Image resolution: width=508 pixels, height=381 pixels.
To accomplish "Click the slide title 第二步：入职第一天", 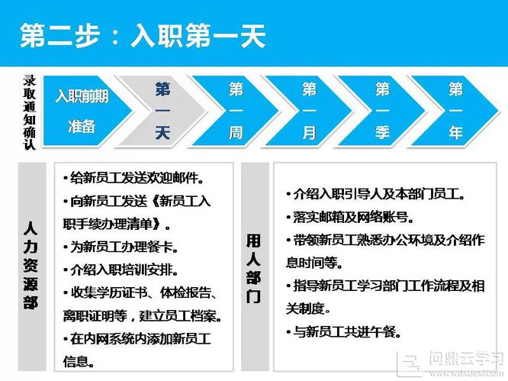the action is (x=143, y=36).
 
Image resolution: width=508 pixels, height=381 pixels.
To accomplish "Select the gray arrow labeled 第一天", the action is (x=161, y=111).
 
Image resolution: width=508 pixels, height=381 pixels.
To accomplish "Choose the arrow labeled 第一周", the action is (x=235, y=111).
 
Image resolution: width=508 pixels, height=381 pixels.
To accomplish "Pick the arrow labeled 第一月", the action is (x=308, y=111).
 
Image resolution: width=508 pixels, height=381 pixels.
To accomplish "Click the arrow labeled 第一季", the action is (x=381, y=111).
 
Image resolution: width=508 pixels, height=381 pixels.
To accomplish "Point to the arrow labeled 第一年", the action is (x=455, y=111).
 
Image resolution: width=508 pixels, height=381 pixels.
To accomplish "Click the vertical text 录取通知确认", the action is (x=29, y=112).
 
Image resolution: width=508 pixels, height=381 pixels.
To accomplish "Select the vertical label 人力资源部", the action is (x=31, y=265).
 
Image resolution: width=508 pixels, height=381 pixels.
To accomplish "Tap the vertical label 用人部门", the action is (x=253, y=269).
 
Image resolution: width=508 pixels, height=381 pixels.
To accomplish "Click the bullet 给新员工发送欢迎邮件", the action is (x=133, y=178).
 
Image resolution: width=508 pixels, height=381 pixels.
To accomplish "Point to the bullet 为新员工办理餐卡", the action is (x=121, y=247).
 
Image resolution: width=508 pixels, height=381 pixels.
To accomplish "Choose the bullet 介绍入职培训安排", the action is (x=121, y=270).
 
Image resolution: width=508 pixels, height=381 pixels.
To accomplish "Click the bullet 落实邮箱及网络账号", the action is (x=350, y=218).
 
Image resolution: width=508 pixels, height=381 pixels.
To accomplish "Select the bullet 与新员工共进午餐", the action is (x=343, y=331).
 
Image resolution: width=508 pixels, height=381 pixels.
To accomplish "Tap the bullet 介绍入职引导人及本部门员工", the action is (x=375, y=194).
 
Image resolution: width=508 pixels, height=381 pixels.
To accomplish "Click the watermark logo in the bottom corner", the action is (x=452, y=364).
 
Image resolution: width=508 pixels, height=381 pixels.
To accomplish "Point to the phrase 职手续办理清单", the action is (x=108, y=224).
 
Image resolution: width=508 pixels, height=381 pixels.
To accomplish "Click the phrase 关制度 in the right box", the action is (x=305, y=309).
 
